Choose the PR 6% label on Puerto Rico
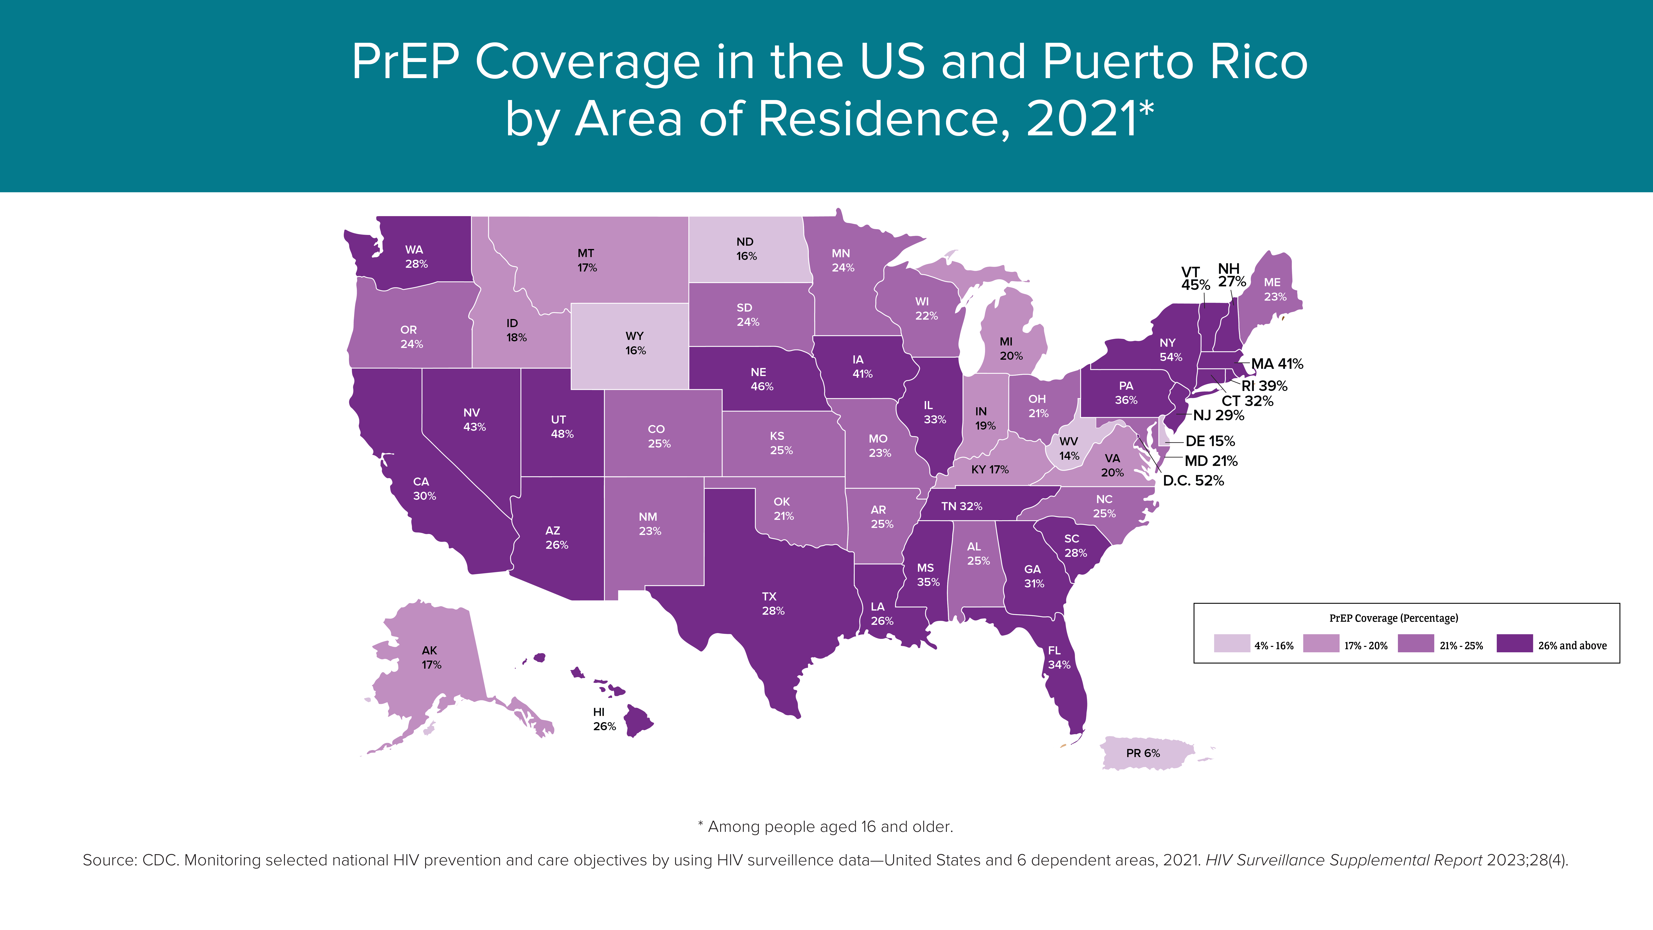tap(1143, 753)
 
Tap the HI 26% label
tap(604, 719)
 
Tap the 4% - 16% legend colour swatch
tap(1231, 643)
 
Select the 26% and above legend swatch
tap(1514, 643)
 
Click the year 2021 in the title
tap(1081, 119)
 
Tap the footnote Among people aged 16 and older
tap(830, 827)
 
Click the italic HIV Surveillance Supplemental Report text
tap(1344, 860)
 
